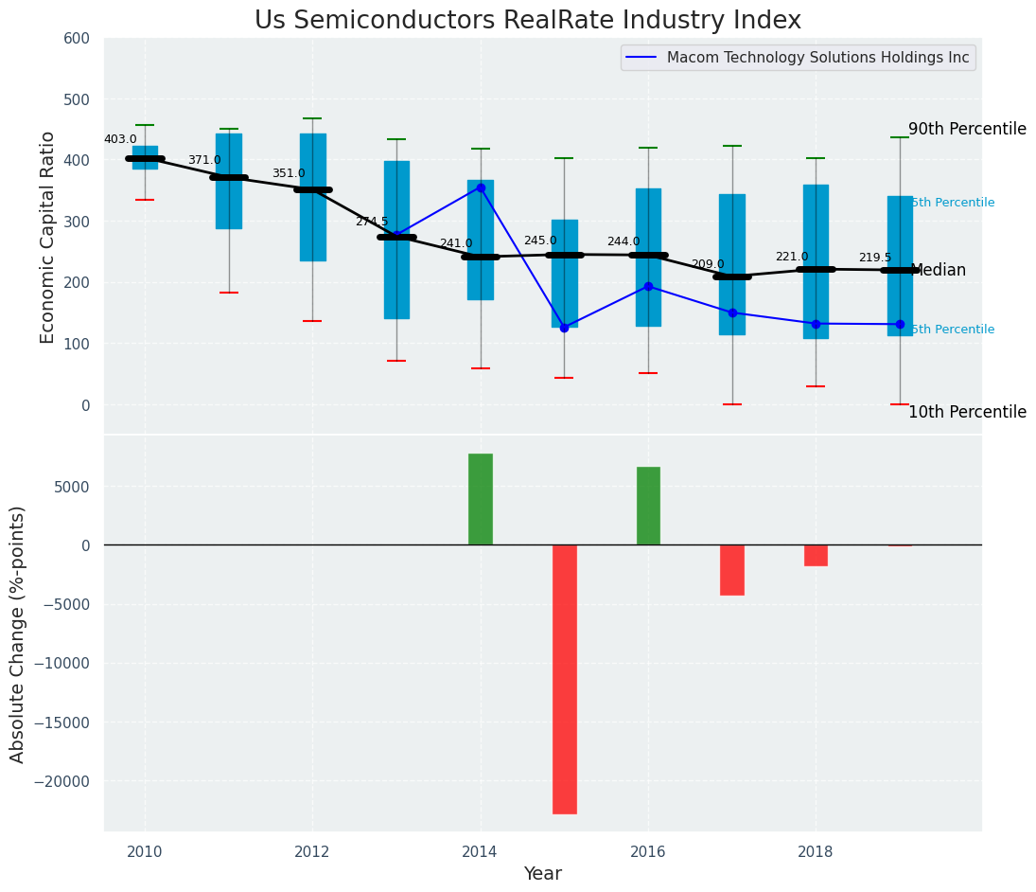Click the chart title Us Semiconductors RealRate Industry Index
(527, 21)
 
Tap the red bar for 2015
(565, 678)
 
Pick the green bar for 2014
(481, 499)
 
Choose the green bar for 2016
(648, 506)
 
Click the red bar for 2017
(732, 569)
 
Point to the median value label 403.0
(120, 139)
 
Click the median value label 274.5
(372, 222)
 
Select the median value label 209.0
(708, 264)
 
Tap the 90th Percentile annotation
(967, 129)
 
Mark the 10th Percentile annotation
(967, 412)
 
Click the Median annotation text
(938, 270)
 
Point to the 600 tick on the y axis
(77, 39)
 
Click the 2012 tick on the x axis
(312, 851)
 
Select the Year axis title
(542, 874)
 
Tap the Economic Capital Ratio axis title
(48, 236)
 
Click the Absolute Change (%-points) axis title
(18, 633)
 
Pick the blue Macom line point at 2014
(481, 187)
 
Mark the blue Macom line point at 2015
(565, 328)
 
